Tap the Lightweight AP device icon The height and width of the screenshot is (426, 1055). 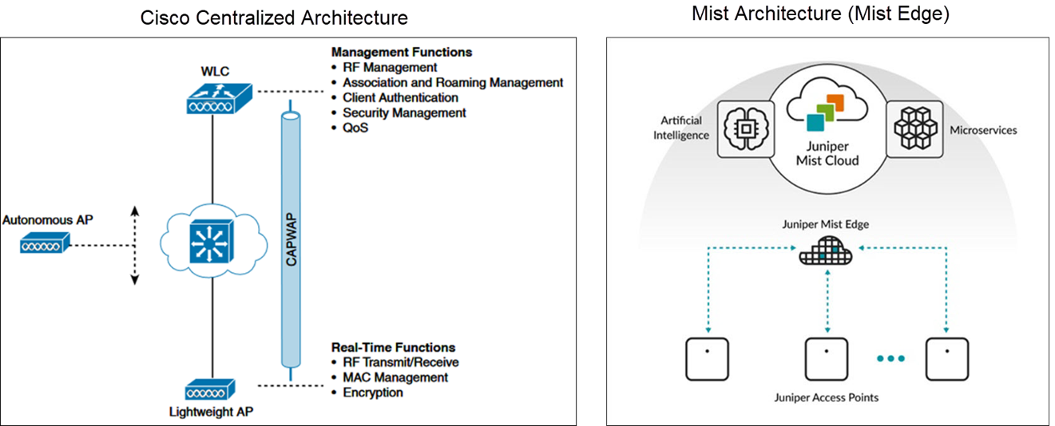point(210,390)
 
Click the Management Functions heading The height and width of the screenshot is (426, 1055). point(402,52)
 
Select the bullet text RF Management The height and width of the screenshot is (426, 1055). point(390,68)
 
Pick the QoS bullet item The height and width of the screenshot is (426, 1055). point(355,128)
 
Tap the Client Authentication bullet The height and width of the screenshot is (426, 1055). point(400,97)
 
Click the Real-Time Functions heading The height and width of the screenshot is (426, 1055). point(393,347)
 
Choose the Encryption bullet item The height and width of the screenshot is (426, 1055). point(373,392)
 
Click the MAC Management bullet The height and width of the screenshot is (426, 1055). point(395,377)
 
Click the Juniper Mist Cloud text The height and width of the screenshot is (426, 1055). point(827,153)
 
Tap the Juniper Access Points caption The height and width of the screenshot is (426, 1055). point(827,396)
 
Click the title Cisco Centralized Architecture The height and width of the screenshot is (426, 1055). point(274,18)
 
